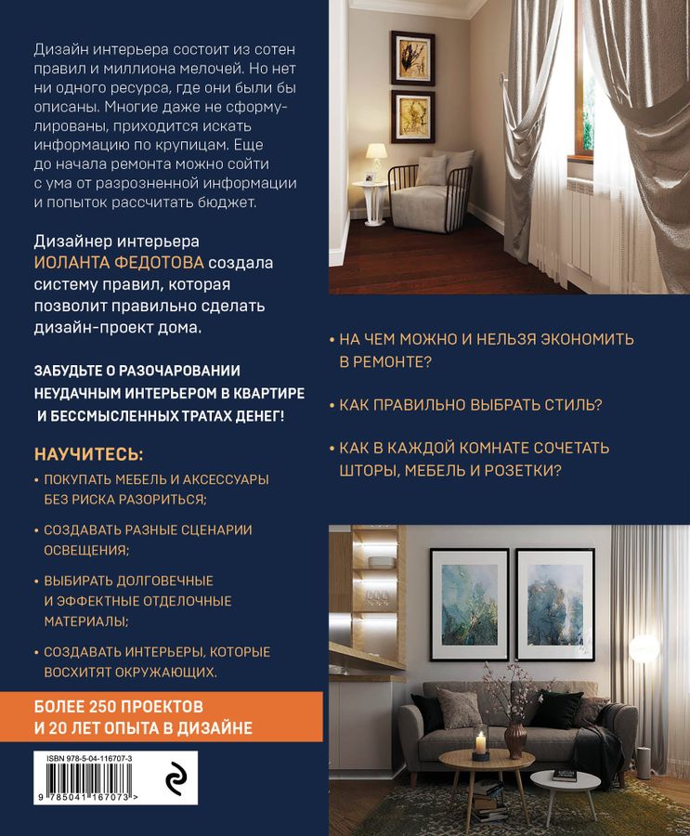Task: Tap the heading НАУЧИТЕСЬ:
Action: (89, 454)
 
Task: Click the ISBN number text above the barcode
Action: (89, 759)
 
